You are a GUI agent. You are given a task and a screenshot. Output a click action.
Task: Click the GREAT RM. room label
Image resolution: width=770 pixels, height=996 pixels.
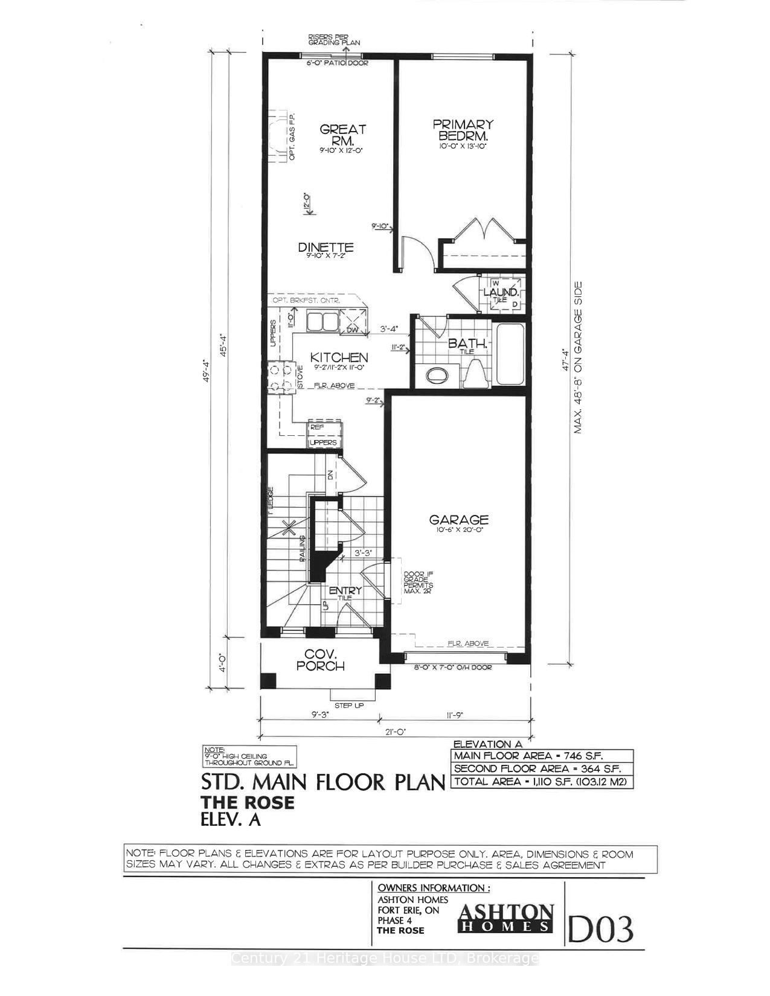click(342, 135)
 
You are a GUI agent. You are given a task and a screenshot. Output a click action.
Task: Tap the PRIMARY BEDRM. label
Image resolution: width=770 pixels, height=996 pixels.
click(463, 130)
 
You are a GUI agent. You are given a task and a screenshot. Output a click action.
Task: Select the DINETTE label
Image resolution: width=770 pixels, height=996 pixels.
click(326, 247)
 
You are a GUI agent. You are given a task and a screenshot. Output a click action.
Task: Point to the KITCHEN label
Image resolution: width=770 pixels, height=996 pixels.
click(339, 358)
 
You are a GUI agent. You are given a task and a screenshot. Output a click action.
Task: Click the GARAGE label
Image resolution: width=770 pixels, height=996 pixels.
click(458, 520)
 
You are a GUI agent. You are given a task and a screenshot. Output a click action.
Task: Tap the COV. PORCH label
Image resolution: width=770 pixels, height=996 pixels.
click(324, 660)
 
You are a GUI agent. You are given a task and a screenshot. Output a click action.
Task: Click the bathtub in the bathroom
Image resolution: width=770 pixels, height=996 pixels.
click(510, 354)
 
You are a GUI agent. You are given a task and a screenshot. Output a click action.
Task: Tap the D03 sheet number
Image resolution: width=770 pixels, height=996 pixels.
click(600, 929)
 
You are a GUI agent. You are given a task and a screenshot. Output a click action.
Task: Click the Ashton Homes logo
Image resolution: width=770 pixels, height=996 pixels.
click(506, 918)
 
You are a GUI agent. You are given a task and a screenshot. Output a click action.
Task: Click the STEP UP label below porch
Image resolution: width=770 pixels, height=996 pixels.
click(349, 705)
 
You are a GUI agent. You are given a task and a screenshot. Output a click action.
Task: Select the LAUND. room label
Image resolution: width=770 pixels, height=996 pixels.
click(501, 292)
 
